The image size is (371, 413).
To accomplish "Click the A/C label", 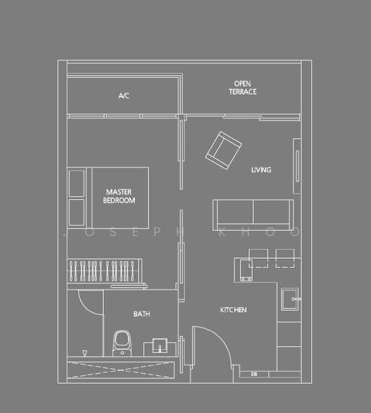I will coord(124,96).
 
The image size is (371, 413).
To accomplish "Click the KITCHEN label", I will coord(233,310).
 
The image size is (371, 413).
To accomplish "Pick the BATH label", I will coord(142,314).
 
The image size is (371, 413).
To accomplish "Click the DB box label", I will coord(254,374).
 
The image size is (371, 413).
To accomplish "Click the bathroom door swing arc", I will coord(89,303).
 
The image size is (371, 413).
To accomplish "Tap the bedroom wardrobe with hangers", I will coord(104,269).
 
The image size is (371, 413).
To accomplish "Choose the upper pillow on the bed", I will coord(76,182).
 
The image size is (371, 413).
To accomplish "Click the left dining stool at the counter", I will coord(257,257).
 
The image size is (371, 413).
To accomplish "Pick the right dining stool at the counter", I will coord(284,257).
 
